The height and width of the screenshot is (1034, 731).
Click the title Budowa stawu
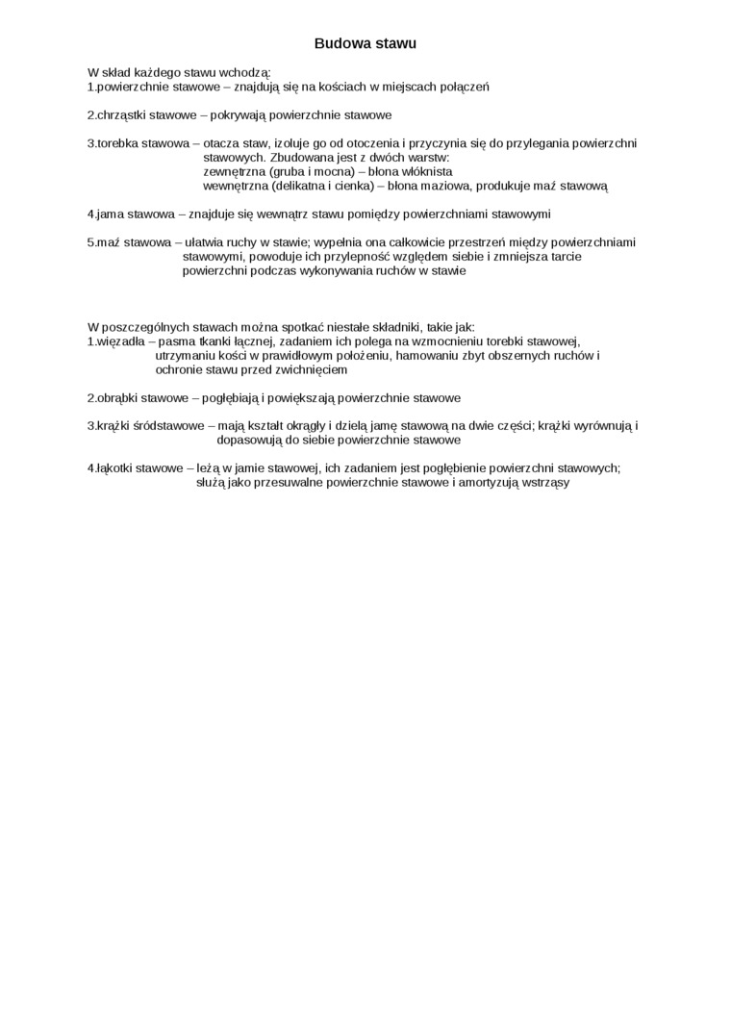pyautogui.click(x=365, y=44)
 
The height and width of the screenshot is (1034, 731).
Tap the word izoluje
pyautogui.click(x=293, y=143)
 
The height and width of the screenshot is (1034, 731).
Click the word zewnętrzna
pyautogui.click(x=235, y=171)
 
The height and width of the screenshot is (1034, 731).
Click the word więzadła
pyautogui.click(x=121, y=341)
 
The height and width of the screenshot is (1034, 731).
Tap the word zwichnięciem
pyautogui.click(x=311, y=369)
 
